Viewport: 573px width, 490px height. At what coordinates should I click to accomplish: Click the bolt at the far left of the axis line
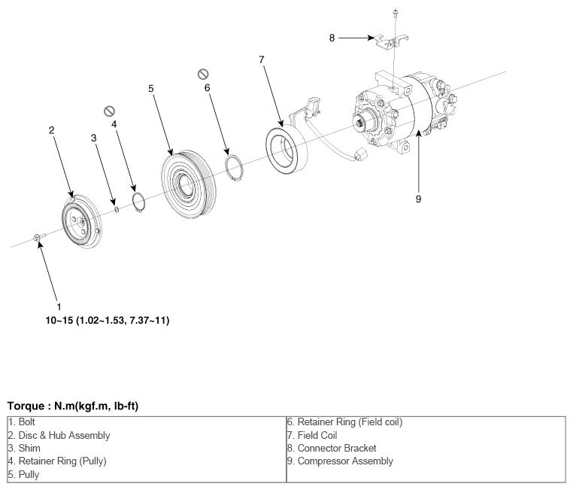(39, 238)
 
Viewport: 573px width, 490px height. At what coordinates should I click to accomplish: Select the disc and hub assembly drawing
(82, 221)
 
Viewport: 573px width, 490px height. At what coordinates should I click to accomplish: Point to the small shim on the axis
(117, 209)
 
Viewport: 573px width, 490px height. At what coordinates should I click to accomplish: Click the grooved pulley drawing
(189, 184)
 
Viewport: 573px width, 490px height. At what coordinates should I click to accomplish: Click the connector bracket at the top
(392, 42)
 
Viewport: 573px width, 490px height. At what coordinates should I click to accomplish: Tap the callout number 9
(418, 199)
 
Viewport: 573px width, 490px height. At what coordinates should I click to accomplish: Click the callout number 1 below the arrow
(59, 307)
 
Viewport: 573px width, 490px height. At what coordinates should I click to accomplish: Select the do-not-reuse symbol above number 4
(109, 111)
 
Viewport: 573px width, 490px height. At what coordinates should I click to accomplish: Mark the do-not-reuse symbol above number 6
(203, 75)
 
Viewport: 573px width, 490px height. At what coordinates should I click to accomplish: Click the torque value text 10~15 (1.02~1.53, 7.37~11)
(108, 321)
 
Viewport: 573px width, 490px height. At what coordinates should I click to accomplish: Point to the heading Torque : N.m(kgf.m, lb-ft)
(73, 406)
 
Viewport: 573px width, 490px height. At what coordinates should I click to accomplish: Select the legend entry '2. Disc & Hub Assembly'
(59, 435)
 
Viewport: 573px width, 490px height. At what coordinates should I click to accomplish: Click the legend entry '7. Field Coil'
(312, 435)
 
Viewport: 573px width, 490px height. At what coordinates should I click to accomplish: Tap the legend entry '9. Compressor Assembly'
(340, 461)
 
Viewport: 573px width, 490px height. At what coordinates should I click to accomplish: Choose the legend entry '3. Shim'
(24, 448)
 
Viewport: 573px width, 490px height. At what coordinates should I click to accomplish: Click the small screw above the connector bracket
(396, 13)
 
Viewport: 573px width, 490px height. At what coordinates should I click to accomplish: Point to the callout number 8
(332, 38)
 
